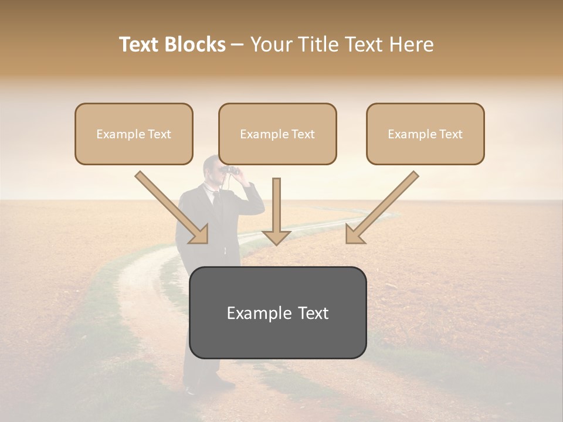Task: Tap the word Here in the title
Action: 411,45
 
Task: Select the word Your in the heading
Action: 269,45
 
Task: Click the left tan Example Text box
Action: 134,134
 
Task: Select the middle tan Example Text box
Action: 277,134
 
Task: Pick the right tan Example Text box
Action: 425,134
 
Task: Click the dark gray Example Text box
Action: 277,313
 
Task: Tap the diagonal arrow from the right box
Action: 382,208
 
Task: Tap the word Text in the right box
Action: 450,134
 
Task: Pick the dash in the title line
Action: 238,45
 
